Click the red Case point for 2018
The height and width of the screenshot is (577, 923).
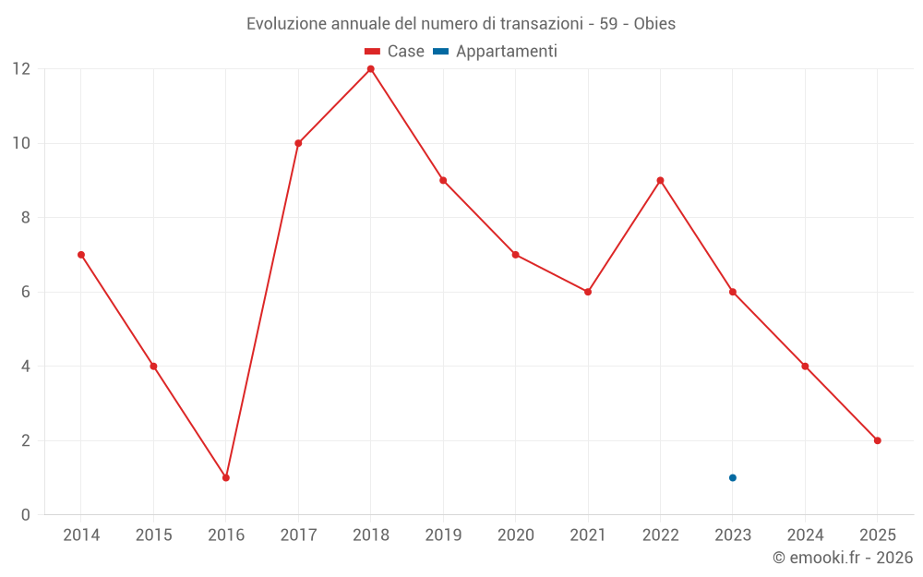pos(371,69)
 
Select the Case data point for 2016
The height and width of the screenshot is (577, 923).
pos(226,477)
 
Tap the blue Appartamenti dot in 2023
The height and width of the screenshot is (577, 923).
pos(733,477)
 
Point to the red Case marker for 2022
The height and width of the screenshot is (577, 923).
pos(660,180)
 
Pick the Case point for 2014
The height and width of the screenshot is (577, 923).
pos(81,255)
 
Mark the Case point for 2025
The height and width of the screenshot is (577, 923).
pos(878,440)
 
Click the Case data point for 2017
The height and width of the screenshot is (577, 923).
pos(298,143)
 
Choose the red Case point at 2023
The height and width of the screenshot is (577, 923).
pos(733,292)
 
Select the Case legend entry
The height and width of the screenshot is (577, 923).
pos(395,52)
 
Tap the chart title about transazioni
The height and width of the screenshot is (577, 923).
pos(461,24)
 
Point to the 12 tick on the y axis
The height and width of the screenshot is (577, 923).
pos(21,69)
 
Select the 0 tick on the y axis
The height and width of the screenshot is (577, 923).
pos(26,514)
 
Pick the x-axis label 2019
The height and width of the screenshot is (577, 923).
pos(443,535)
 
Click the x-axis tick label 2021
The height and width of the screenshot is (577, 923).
pos(588,535)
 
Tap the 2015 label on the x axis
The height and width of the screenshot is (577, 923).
pos(153,535)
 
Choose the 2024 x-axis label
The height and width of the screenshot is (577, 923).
pos(805,535)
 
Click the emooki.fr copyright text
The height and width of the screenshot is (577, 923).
pos(843,558)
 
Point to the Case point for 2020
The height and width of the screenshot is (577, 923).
pos(515,255)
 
